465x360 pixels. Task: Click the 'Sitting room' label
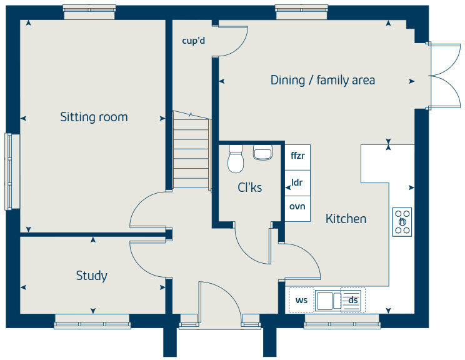[x=94, y=117]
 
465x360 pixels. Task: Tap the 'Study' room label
[x=91, y=276]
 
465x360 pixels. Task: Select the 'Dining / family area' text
[x=322, y=80]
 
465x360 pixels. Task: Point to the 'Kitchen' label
[x=346, y=219]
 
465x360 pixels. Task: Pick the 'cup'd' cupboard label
[x=193, y=41]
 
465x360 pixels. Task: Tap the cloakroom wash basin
[x=262, y=152]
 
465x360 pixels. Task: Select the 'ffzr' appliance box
[x=297, y=156]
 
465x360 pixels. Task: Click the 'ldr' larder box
[x=297, y=182]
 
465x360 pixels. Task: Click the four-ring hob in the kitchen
[x=402, y=222]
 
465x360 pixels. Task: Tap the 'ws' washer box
[x=301, y=301]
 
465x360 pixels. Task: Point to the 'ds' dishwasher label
[x=354, y=301]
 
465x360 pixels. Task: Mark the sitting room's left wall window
[x=9, y=171]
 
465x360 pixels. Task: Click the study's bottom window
[x=92, y=323]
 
